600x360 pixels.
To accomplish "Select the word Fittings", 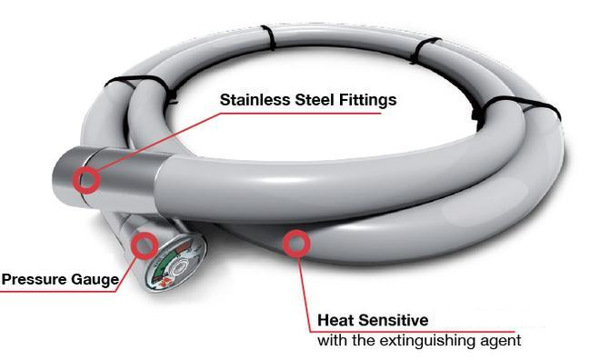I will [x=368, y=100].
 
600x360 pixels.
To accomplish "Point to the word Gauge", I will [x=94, y=280].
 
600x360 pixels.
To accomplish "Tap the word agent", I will [x=497, y=342].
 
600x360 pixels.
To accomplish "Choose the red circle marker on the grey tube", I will [x=295, y=243].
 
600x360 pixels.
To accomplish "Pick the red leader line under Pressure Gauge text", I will [x=64, y=290].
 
